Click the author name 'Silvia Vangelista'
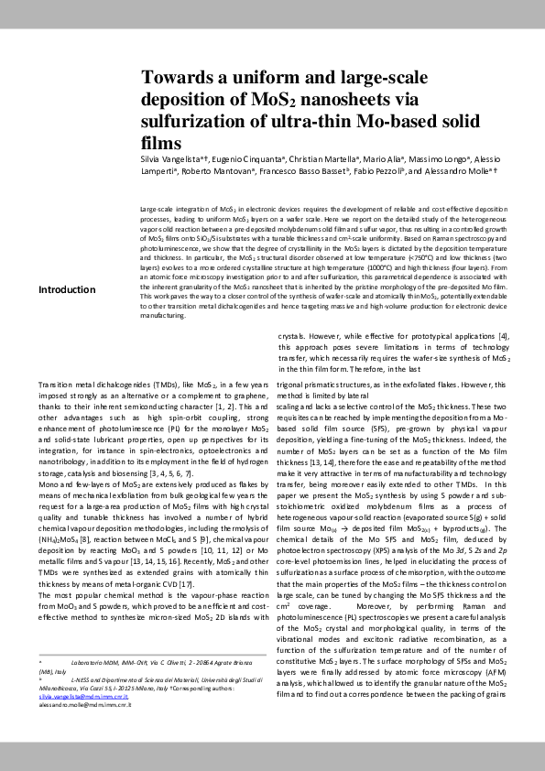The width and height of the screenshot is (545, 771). point(175,160)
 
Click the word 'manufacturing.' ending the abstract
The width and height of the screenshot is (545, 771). point(164,314)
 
